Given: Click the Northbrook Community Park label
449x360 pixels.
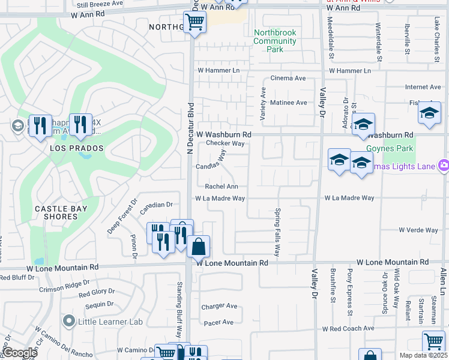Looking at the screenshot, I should [275, 41].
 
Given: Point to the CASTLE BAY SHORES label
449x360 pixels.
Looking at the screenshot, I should [61, 212].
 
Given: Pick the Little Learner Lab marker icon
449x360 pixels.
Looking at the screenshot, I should [70, 322].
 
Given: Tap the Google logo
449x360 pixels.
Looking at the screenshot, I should [20, 353].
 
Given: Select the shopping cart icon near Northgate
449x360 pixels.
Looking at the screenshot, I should [194, 23].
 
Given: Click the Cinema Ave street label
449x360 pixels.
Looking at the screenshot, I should [288, 78].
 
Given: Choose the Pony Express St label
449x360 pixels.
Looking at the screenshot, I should [349, 292].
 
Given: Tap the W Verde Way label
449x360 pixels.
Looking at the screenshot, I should [418, 230].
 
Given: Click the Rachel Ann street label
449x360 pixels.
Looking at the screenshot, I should [221, 187].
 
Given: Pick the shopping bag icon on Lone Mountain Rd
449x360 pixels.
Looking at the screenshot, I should [198, 245].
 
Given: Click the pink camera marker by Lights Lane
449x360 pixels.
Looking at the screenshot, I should [444, 165].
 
